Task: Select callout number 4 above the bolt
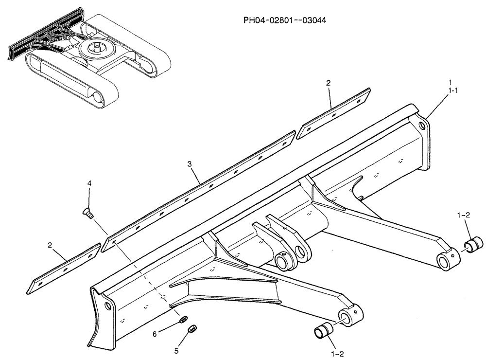click(x=89, y=183)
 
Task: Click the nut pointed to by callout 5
click(x=191, y=330)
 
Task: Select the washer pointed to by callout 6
click(x=184, y=319)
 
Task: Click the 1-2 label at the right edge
click(x=464, y=214)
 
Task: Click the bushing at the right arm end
click(x=475, y=243)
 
